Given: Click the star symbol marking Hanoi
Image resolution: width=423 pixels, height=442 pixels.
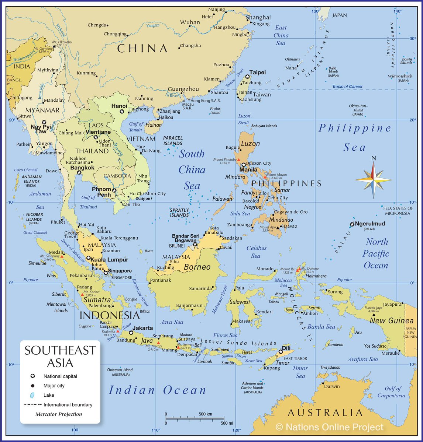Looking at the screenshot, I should click(122, 111).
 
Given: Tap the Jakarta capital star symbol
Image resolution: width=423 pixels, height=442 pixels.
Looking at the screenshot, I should click(131, 333).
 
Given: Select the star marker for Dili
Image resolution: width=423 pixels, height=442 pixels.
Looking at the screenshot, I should click(281, 352).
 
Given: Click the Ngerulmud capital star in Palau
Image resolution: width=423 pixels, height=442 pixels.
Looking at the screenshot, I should click(352, 224).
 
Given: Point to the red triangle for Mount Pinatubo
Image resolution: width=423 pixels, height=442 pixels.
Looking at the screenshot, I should click(238, 160).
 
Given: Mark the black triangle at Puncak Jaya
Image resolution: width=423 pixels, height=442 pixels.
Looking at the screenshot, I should click(374, 315).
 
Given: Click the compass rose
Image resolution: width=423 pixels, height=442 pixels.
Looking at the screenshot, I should click(374, 180).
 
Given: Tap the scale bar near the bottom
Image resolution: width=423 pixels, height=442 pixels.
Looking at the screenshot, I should click(195, 419).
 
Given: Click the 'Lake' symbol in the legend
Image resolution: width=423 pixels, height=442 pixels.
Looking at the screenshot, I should click(32, 395).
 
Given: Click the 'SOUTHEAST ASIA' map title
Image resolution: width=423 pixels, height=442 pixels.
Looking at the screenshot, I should click(60, 357).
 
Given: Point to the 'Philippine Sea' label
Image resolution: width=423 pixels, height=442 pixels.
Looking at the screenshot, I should click(354, 138).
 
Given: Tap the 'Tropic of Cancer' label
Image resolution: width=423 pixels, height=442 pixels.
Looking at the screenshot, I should click(347, 87).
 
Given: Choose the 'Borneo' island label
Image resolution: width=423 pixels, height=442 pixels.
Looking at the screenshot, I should click(197, 267).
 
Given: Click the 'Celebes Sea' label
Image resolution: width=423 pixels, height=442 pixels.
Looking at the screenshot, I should click(256, 252).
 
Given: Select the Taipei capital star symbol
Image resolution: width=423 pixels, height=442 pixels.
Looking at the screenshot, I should click(247, 77).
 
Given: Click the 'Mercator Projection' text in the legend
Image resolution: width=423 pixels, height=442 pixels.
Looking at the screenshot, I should click(59, 414).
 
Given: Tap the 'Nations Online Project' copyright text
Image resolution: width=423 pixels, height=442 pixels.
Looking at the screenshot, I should click(330, 427).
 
